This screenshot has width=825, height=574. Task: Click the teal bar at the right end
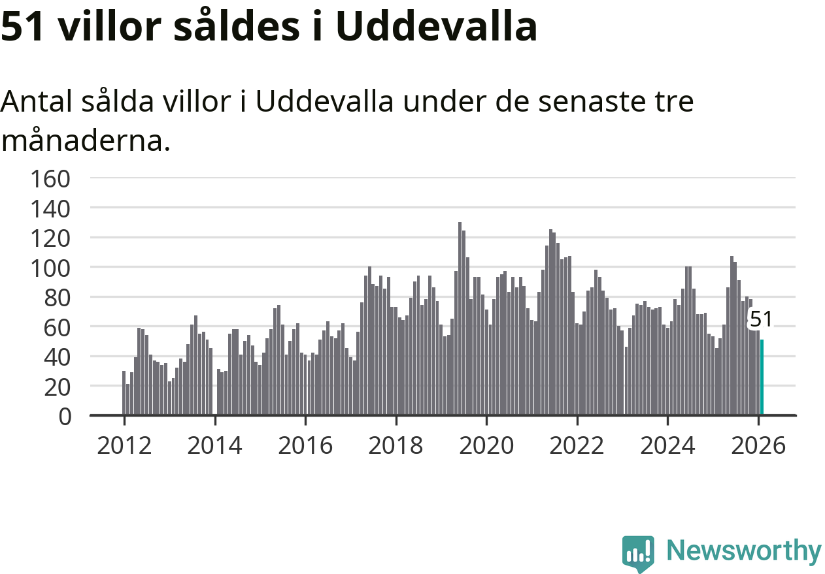(x=762, y=377)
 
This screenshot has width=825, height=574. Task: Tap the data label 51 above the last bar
(x=761, y=319)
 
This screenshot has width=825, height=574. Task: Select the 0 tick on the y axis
(x=64, y=416)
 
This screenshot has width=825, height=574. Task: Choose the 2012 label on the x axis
(x=124, y=446)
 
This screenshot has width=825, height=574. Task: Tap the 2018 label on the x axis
(x=396, y=446)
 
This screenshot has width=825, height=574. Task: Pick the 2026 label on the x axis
(x=758, y=446)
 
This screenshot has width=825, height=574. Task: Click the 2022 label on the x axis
(x=577, y=446)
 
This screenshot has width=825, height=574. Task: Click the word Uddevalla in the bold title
(x=437, y=27)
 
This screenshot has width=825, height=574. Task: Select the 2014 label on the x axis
(x=214, y=446)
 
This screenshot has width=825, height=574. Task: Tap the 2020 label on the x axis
(x=486, y=446)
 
